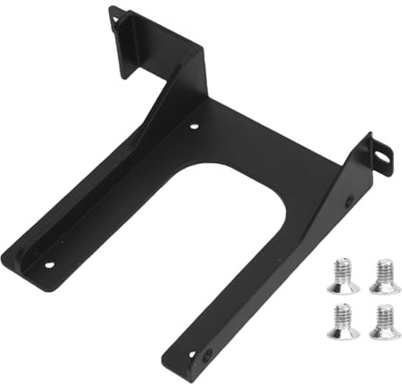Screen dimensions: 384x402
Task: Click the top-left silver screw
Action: point(343,276)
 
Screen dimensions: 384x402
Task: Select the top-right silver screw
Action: point(385,276)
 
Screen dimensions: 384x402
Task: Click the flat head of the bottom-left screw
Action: point(343,332)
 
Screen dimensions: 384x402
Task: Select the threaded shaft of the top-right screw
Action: point(385,268)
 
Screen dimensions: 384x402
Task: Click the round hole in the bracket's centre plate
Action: point(195,127)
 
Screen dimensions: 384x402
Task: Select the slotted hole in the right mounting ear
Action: point(381,157)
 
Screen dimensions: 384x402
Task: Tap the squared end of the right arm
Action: point(179,366)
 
